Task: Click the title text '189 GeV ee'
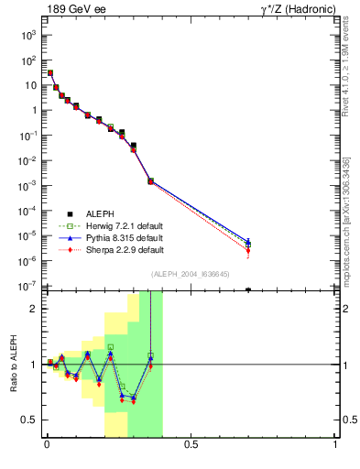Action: click(71, 9)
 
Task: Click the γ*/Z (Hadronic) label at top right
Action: click(299, 9)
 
